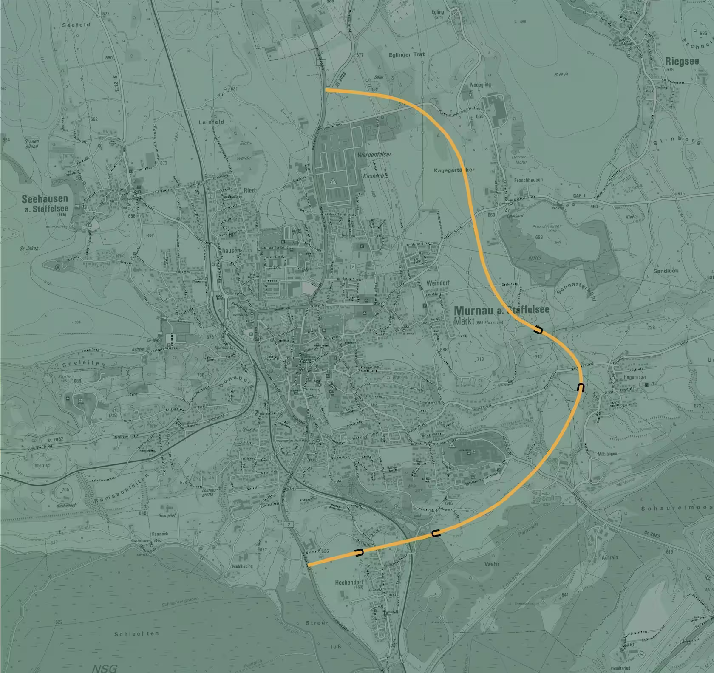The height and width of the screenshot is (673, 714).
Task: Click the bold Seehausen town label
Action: coord(45,199)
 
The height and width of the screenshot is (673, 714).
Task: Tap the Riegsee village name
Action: coord(682,62)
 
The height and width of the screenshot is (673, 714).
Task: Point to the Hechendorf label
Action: coord(350,582)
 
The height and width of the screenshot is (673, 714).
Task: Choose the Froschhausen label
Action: coord(528,180)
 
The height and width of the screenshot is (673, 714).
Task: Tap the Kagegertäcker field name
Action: coord(454,170)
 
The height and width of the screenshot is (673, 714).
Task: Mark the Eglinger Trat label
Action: coord(407,54)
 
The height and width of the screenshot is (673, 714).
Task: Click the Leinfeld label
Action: coord(211,122)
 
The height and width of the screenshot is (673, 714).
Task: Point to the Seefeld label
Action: coord(76,25)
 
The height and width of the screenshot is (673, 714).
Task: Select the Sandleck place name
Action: coord(666,271)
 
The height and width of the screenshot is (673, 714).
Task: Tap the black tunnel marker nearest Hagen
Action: coord(581,387)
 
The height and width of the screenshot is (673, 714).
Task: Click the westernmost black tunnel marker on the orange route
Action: coord(359,552)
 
